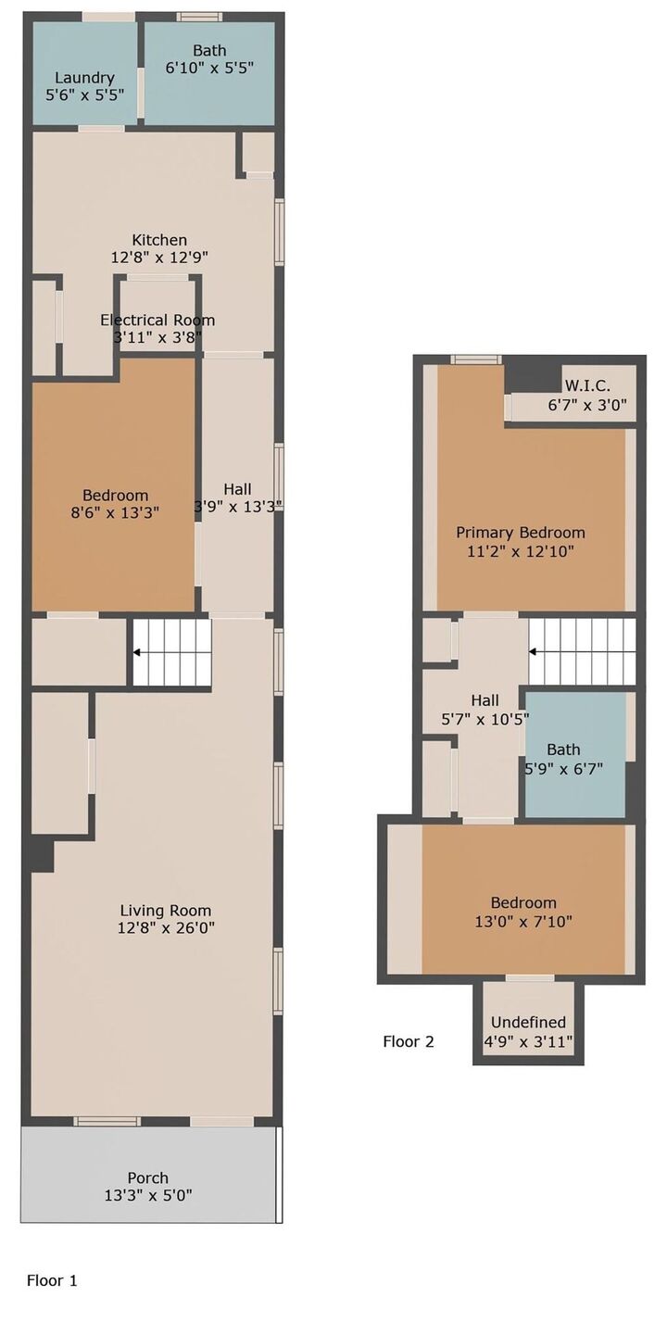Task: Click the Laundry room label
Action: (84, 78)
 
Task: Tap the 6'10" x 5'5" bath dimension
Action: (209, 68)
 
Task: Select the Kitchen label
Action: (159, 240)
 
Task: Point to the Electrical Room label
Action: (157, 320)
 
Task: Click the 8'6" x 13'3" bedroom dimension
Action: (115, 512)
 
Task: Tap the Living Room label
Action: (166, 910)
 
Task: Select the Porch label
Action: (148, 1177)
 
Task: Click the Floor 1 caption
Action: (52, 1280)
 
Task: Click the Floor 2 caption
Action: (409, 1041)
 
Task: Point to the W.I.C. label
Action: (587, 386)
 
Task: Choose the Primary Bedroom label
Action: (521, 533)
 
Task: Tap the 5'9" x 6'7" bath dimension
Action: (563, 768)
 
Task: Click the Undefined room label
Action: (528, 1022)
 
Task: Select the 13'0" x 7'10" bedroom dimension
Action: (523, 921)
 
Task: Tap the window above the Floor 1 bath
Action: (199, 17)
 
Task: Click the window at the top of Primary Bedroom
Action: (476, 359)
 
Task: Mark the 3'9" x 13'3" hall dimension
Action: (238, 507)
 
